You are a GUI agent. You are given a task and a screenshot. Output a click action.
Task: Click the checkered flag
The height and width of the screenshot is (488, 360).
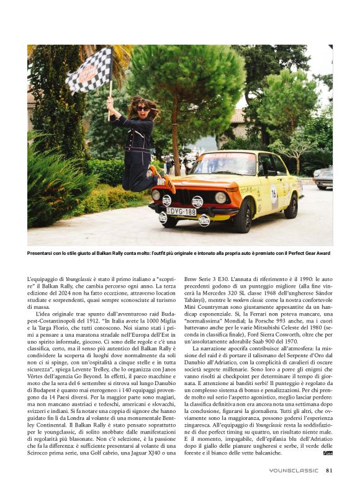[89, 71]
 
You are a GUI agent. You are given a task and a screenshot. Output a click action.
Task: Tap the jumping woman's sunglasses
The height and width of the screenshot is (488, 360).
[143, 109]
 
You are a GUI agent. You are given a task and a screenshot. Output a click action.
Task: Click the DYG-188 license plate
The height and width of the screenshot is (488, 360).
[181, 211]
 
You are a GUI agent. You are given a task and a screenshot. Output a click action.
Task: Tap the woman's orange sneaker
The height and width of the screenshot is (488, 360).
[168, 181]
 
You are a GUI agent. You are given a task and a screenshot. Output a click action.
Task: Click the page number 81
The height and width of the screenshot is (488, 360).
[329, 470]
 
